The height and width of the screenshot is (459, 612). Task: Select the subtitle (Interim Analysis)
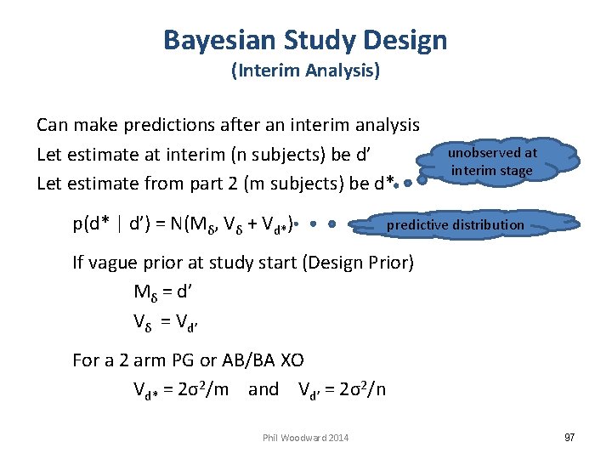point(305,71)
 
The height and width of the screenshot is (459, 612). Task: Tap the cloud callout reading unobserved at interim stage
point(492,161)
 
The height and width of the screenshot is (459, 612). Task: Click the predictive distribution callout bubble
point(455,225)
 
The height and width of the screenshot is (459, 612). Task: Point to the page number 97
point(569,437)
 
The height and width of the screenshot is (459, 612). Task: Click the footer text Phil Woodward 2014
point(305,438)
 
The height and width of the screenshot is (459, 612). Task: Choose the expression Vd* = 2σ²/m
point(181,390)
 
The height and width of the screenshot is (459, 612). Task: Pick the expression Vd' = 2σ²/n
point(342,390)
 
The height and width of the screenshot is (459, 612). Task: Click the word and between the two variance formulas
point(263,390)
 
